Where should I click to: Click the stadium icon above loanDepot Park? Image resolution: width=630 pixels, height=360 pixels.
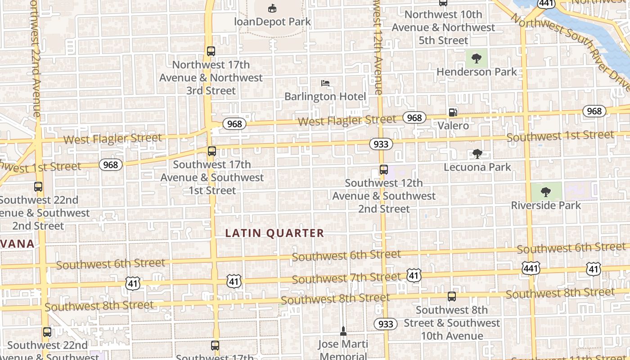pos(272,8)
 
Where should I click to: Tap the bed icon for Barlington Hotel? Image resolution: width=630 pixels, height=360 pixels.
pos(325,83)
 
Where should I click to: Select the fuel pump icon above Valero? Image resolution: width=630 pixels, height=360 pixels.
pos(453,112)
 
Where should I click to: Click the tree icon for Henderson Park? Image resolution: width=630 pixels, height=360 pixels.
pos(477,58)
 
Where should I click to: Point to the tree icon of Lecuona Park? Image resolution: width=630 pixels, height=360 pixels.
pos(477,154)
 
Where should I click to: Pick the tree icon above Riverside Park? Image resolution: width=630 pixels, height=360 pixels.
pos(545,192)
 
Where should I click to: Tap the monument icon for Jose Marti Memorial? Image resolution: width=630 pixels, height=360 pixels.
pos(343,332)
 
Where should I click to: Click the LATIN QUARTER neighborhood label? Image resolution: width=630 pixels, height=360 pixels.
pos(274,233)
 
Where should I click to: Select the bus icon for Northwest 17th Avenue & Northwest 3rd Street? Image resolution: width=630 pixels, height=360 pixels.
pos(211,51)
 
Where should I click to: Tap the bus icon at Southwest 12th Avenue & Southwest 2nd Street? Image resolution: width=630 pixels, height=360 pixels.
pos(383,170)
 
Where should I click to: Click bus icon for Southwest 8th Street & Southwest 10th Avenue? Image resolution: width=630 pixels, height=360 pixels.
pos(451,297)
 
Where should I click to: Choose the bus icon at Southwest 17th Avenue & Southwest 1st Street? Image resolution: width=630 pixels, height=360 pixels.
pos(211,151)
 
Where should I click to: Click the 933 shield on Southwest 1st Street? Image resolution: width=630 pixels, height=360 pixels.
pos(381,144)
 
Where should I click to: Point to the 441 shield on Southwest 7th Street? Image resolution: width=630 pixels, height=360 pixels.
pos(531,269)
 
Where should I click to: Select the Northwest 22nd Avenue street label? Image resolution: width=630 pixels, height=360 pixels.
pos(35,58)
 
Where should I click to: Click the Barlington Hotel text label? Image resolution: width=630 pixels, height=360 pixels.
pos(325,96)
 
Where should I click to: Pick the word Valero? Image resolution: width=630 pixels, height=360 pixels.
pos(453,126)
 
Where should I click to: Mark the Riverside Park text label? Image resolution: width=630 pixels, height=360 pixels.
pos(545,206)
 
